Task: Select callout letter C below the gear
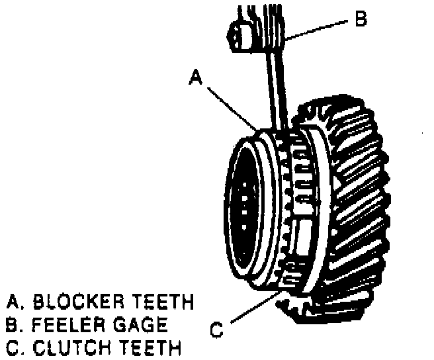point(217,328)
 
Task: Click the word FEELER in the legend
point(64,325)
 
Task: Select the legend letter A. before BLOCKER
point(13,302)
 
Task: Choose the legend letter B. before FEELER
point(13,325)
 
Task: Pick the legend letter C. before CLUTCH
point(13,347)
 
